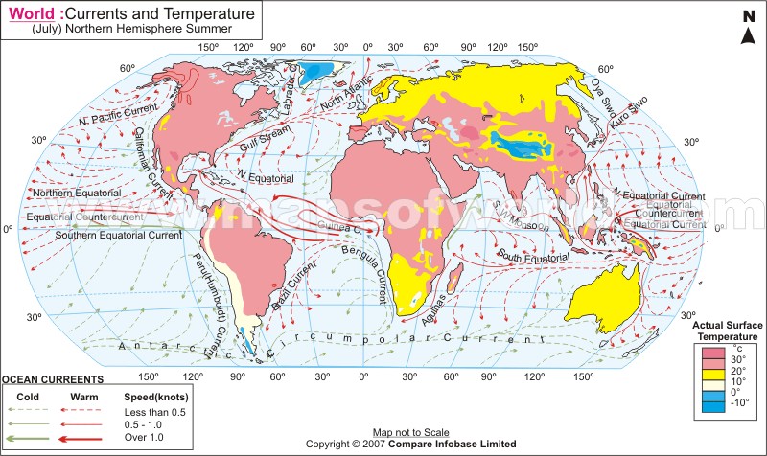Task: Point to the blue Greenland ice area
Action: (317, 69)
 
